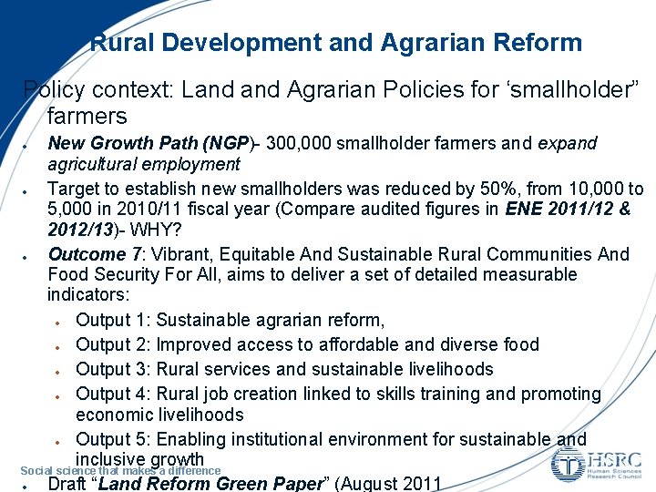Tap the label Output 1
[115, 320]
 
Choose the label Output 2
[115, 344]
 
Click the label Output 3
[115, 369]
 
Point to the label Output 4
[115, 394]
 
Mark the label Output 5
[115, 440]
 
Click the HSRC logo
[597, 463]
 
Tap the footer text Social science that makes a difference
[120, 470]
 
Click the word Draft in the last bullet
[67, 484]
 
